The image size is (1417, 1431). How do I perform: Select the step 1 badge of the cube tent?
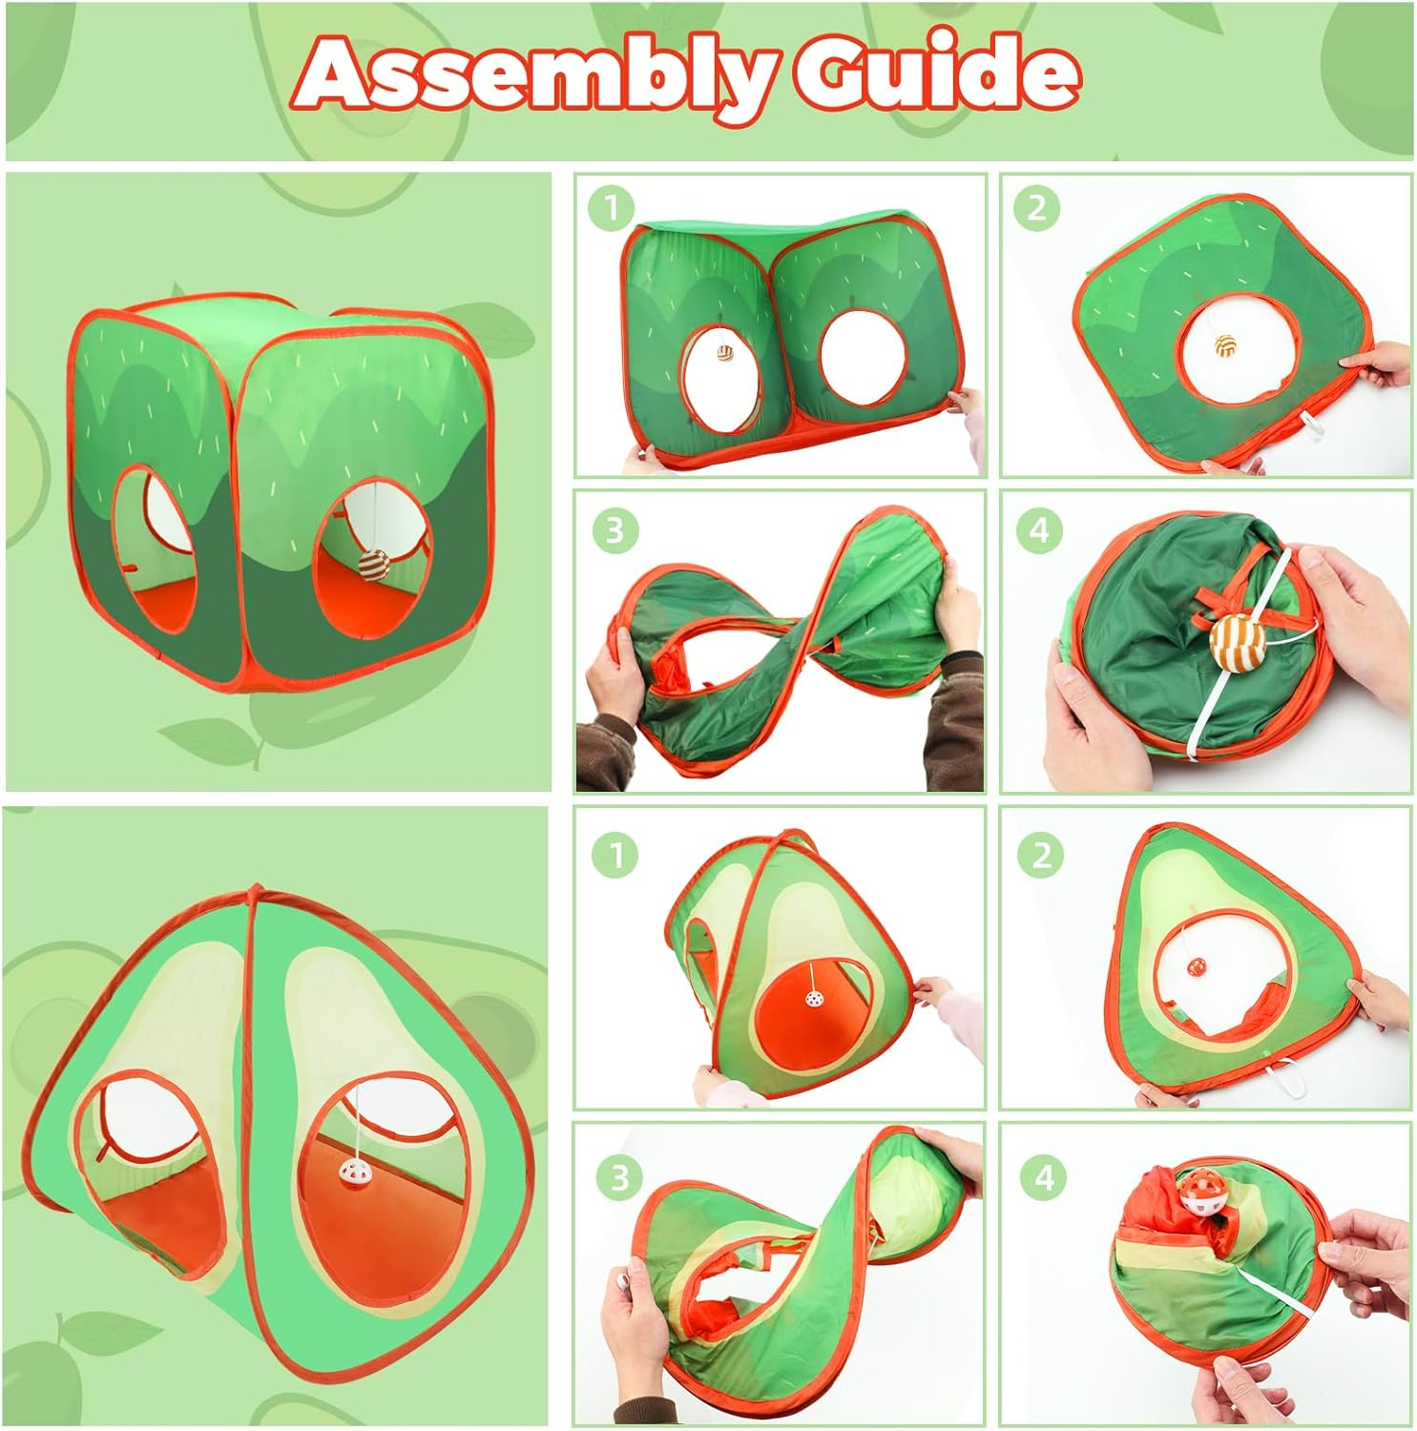point(612,207)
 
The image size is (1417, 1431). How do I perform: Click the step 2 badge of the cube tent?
point(1036,207)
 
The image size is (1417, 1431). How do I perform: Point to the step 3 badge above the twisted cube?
point(615,529)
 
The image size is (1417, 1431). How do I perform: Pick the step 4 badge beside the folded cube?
point(1039,529)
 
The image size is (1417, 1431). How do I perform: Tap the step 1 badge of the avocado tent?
point(615,854)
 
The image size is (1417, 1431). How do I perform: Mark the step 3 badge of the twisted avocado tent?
point(618,1176)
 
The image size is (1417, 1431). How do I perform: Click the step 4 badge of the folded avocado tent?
point(1044,1176)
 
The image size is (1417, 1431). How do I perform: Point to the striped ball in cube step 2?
point(1223,346)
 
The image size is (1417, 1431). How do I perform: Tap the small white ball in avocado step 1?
point(814,1000)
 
